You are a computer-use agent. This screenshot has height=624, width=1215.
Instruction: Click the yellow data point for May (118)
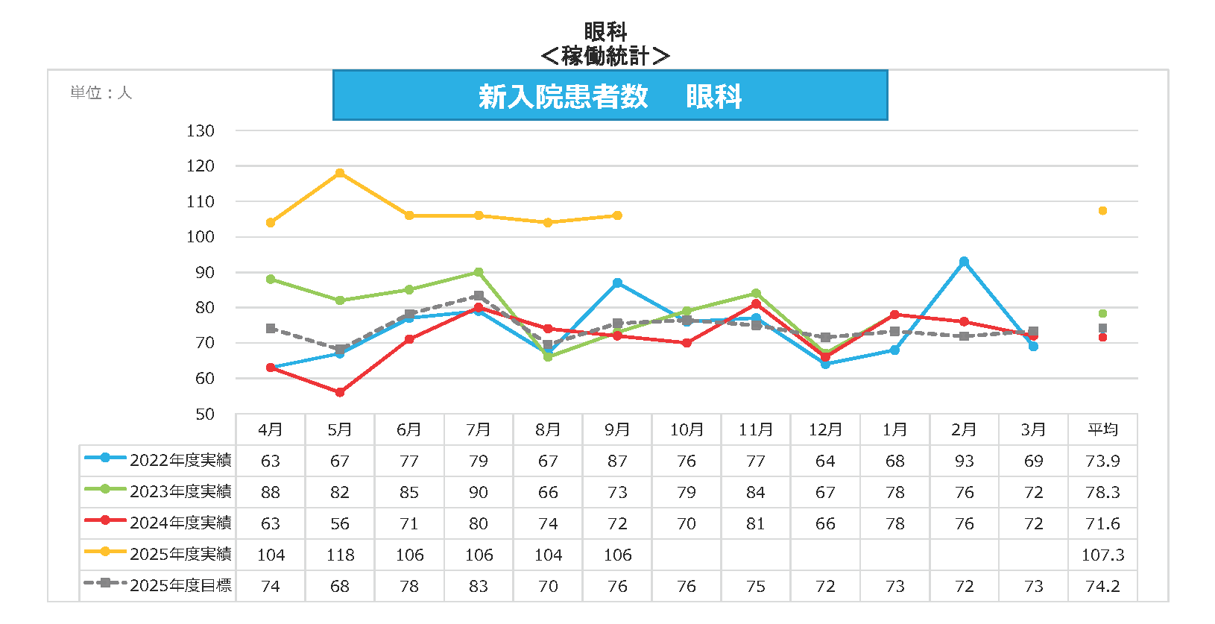click(x=340, y=173)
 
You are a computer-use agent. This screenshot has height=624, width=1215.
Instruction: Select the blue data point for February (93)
click(x=964, y=262)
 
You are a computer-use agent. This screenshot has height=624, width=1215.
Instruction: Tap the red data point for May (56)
click(x=340, y=392)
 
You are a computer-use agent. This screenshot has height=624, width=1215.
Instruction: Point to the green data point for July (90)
click(x=479, y=272)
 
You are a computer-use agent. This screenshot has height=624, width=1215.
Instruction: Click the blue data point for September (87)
click(x=617, y=283)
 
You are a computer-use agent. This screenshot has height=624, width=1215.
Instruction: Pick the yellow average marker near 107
click(x=1102, y=211)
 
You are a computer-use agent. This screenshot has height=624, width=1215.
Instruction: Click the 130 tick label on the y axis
click(x=201, y=131)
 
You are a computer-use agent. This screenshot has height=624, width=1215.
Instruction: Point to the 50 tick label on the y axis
click(x=205, y=415)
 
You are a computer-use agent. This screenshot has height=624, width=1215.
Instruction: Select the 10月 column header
click(x=686, y=430)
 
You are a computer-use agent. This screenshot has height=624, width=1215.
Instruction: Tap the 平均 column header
click(x=1102, y=430)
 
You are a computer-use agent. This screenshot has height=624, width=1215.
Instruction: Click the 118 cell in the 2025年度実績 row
click(x=340, y=555)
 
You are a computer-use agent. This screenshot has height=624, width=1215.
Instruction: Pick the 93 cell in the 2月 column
click(x=964, y=461)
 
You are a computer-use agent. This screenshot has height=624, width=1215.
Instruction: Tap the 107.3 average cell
click(x=1102, y=555)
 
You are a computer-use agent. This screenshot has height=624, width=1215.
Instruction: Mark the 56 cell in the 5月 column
click(x=340, y=524)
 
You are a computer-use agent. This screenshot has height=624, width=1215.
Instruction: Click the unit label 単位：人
click(x=101, y=93)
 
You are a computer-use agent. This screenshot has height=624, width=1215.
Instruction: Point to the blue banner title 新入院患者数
click(x=564, y=97)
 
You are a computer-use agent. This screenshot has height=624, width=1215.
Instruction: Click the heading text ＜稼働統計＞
click(x=605, y=56)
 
